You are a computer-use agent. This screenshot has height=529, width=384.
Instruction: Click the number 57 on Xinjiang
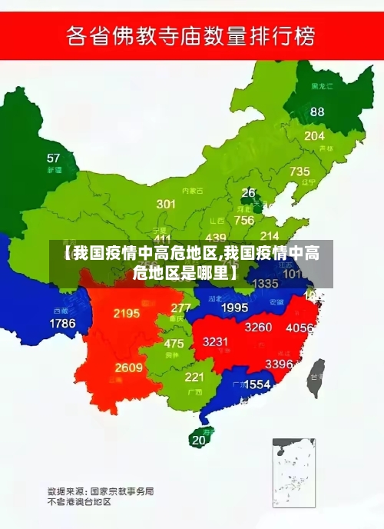53,158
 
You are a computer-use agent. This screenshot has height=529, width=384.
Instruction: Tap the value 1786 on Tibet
62,324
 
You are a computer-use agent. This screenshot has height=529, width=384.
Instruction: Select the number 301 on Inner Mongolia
166,204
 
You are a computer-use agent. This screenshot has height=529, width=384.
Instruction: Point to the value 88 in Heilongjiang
317,111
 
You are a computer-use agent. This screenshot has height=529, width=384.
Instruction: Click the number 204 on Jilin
314,136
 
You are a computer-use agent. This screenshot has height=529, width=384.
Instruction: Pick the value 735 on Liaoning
300,171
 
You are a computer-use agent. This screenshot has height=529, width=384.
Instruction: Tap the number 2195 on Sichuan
126,313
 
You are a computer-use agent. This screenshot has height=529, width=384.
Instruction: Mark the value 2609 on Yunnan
129,368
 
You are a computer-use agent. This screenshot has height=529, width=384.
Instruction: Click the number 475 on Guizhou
174,344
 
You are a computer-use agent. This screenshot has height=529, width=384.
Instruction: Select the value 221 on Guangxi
194,377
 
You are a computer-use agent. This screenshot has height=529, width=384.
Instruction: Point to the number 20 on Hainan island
199,440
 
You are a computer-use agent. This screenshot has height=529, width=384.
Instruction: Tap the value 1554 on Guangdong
257,384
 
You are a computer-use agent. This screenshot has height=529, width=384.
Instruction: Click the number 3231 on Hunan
216,341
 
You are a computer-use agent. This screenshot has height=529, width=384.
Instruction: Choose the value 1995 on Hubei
234,308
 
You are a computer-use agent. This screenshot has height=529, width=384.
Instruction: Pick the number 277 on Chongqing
180,308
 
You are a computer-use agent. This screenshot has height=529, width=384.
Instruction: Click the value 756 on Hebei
244,220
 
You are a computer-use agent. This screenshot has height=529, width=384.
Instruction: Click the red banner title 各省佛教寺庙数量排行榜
192,35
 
